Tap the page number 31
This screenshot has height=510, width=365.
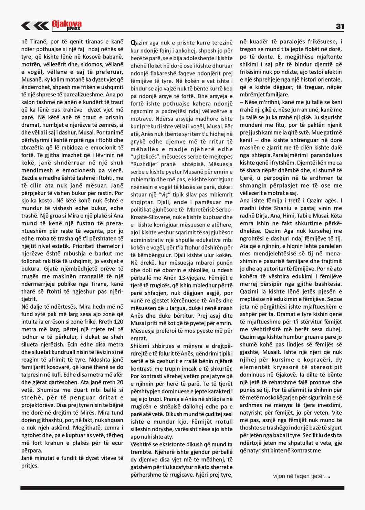340,26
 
